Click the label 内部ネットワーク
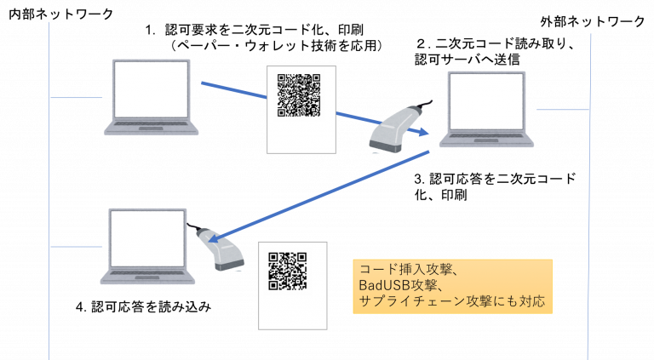click(61, 14)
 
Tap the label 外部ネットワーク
click(593, 21)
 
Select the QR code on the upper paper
click(299, 95)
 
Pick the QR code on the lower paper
click(288, 271)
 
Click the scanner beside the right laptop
click(399, 126)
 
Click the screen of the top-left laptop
click(151, 89)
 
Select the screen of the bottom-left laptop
click(147, 238)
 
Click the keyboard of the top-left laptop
click(151, 124)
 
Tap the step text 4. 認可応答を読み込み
click(143, 307)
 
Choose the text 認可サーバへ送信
click(468, 60)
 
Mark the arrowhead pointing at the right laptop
click(424, 132)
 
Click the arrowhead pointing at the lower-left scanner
click(214, 238)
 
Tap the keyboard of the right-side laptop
click(486, 136)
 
